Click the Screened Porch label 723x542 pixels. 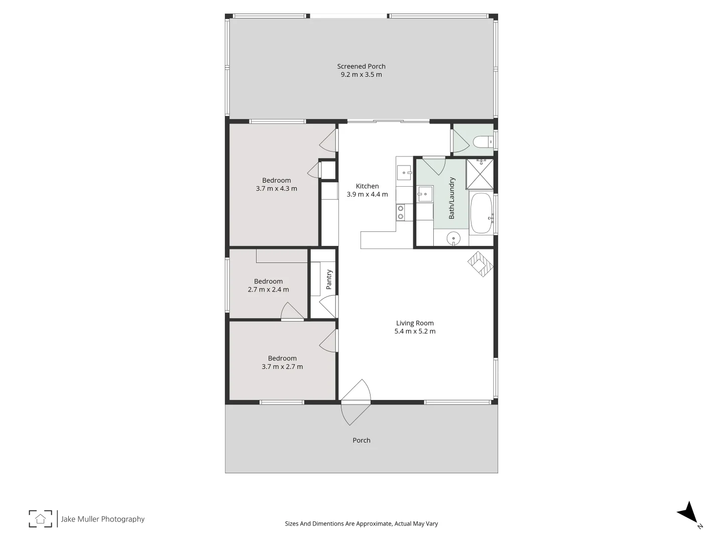[x=361, y=66]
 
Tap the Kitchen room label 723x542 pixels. [x=367, y=186]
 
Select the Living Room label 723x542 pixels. [x=415, y=323]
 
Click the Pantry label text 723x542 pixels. [x=329, y=280]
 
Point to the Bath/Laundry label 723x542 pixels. [x=451, y=198]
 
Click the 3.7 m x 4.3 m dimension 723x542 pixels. [x=276, y=189]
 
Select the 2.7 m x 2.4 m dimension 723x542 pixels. [x=268, y=290]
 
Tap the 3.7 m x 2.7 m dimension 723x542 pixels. [x=282, y=366]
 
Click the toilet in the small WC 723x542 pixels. [x=483, y=143]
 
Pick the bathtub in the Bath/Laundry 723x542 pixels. [x=481, y=213]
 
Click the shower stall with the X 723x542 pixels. [x=479, y=174]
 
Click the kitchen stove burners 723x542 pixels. [x=401, y=212]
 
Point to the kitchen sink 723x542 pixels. [x=404, y=173]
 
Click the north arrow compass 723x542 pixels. [x=688, y=513]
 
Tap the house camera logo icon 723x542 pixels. [x=40, y=518]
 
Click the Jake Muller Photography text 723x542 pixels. [x=103, y=519]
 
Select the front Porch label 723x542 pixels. [x=361, y=440]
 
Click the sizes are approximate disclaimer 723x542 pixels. [x=361, y=523]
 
